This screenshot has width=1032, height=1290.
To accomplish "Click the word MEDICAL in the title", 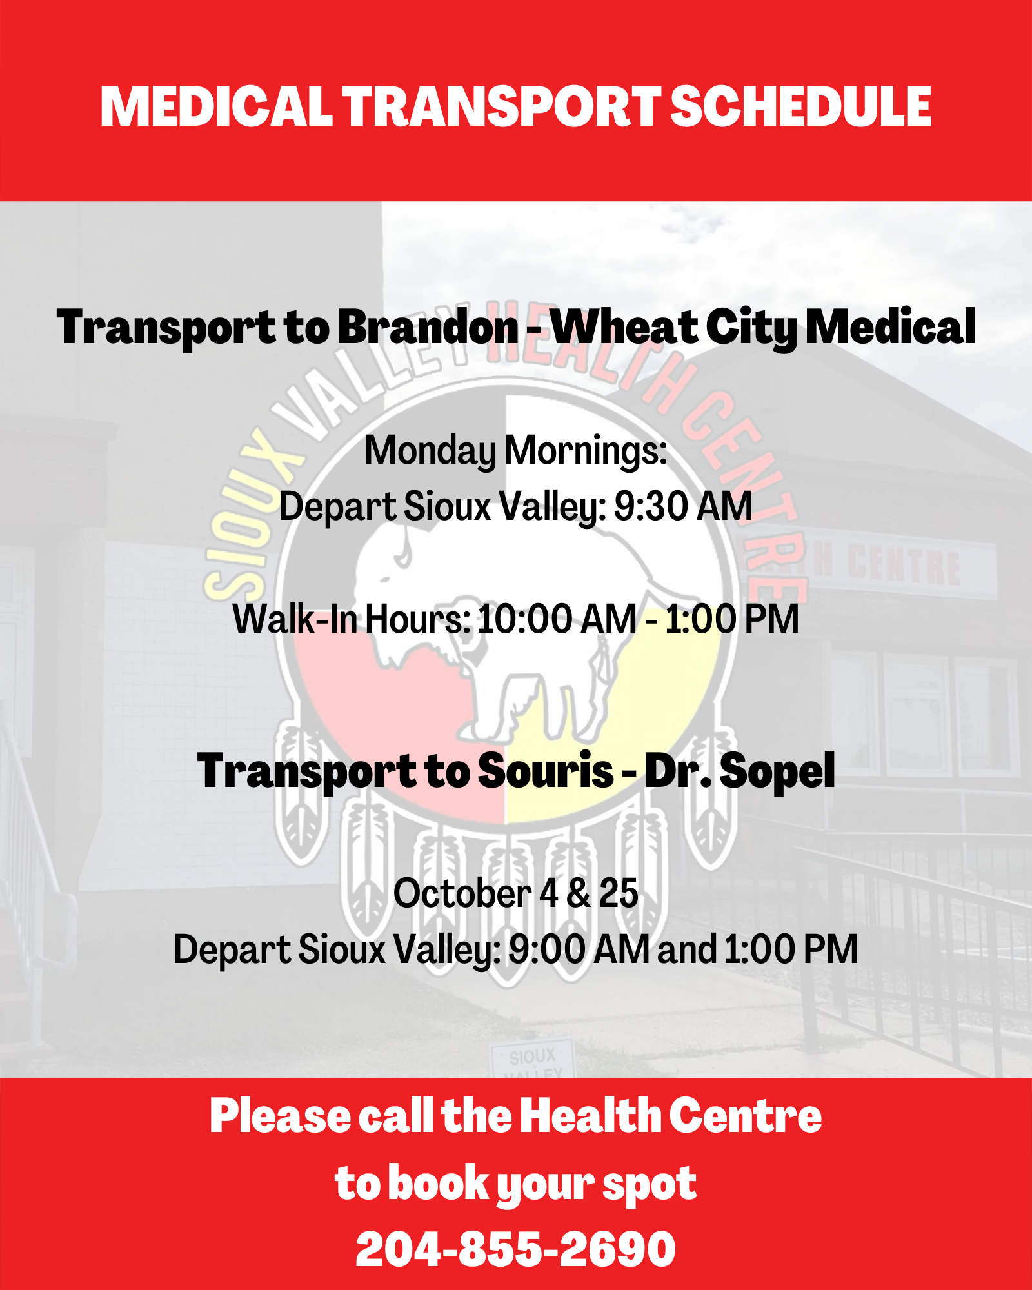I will tap(215, 107).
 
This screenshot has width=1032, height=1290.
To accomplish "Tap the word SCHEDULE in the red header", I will tap(801, 107).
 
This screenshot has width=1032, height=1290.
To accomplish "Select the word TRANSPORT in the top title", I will tap(501, 107).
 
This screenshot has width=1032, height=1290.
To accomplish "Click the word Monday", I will tap(430, 451).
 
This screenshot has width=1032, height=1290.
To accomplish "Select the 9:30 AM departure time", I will tap(683, 506).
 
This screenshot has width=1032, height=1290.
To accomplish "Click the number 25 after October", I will tap(619, 894).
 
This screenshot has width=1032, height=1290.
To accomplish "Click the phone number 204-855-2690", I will tap(516, 1250).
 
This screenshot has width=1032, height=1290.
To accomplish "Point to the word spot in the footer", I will tap(649, 1184).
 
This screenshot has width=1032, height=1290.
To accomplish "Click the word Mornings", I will tap(586, 451).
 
